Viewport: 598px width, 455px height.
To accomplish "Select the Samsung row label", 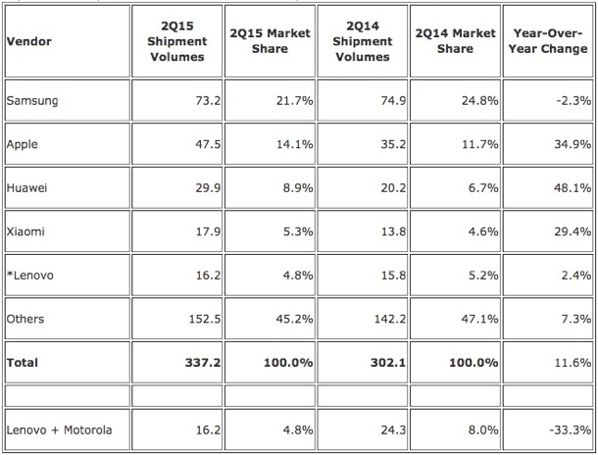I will pyautogui.click(x=30, y=100).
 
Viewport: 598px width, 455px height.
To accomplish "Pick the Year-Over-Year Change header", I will pyautogui.click(x=548, y=41).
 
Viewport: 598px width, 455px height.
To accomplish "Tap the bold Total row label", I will pyautogui.click(x=24, y=362).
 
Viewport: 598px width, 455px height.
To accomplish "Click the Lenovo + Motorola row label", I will pyautogui.click(x=58, y=430).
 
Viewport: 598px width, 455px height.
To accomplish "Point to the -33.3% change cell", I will pyautogui.click(x=570, y=430).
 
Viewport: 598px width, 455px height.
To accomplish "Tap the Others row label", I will pyautogui.click(x=25, y=319).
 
